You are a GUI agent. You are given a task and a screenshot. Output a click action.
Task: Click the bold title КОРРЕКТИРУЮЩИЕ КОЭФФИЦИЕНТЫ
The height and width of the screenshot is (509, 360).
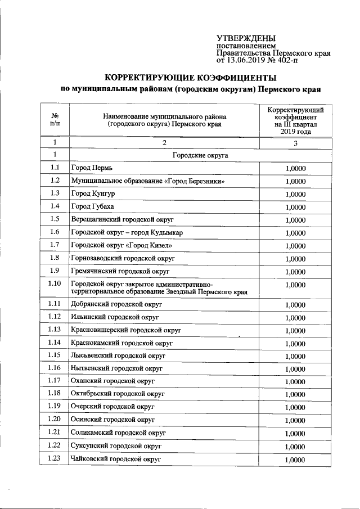(191, 77)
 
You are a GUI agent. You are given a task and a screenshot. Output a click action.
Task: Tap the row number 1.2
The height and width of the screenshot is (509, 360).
(55, 181)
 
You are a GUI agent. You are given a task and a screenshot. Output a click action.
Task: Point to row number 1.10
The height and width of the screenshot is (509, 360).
(55, 283)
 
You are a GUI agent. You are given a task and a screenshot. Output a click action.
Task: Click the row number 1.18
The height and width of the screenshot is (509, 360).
(55, 394)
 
